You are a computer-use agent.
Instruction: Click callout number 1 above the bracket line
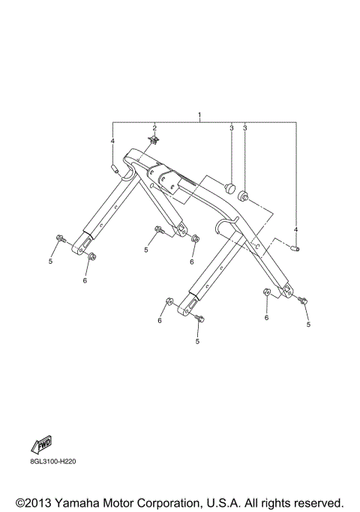(x=200, y=114)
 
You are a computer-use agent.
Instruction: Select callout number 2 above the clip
(x=154, y=127)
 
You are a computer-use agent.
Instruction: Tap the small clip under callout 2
(x=154, y=140)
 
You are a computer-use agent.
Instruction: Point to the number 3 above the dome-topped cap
(x=231, y=128)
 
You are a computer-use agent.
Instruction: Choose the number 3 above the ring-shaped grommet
(x=244, y=128)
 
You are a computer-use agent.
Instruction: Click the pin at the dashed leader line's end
(x=296, y=249)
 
